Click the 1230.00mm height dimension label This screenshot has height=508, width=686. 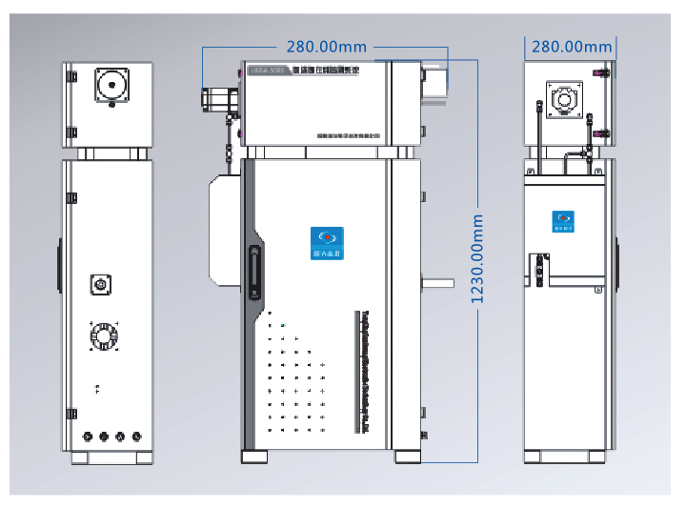pos(477,258)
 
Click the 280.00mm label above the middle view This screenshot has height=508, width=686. pos(327,45)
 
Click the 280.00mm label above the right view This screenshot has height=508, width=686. pos(572,46)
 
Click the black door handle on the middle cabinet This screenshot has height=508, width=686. pos(253,274)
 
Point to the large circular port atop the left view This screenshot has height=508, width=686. pos(111,85)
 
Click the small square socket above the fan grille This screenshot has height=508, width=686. pos(99,283)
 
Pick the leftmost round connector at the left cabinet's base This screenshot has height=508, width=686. pos(89,437)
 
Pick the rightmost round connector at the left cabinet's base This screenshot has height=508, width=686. pos(135,437)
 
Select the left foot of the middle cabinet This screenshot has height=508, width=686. pos(254,457)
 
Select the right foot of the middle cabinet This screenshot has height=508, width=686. pos(409,457)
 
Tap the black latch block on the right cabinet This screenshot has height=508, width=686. pos(539,271)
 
